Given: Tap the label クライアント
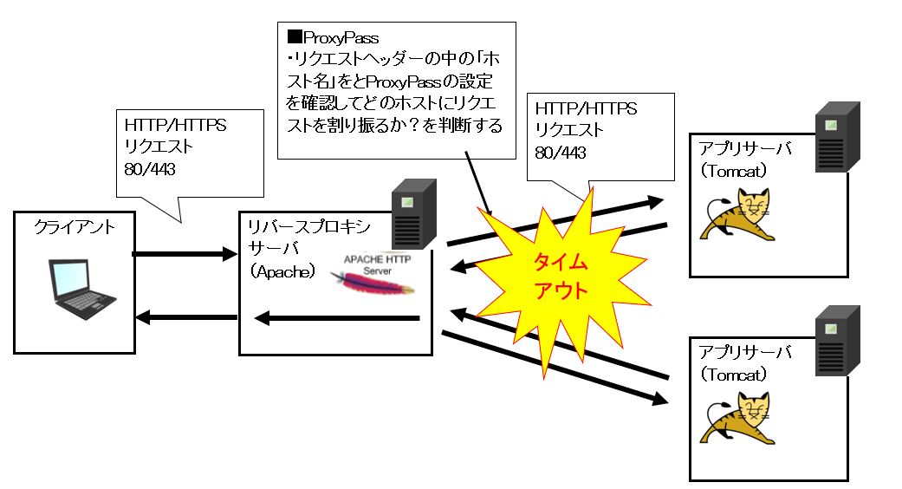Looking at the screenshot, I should [74, 228].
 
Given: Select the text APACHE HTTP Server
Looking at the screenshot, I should [378, 264].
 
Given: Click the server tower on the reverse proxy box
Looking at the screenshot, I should [413, 214].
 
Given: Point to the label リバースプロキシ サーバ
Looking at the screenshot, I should [308, 238].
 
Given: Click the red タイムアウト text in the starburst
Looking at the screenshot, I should [560, 276].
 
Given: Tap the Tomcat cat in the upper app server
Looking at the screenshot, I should [740, 217].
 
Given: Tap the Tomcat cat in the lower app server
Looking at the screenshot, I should [740, 420].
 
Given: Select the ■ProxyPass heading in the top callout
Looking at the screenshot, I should [333, 38].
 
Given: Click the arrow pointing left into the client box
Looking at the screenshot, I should [186, 317].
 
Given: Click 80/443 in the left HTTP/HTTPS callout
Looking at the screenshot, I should [150, 168].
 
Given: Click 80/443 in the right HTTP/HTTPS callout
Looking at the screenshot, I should [561, 153].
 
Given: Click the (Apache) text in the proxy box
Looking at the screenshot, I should [281, 271].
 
